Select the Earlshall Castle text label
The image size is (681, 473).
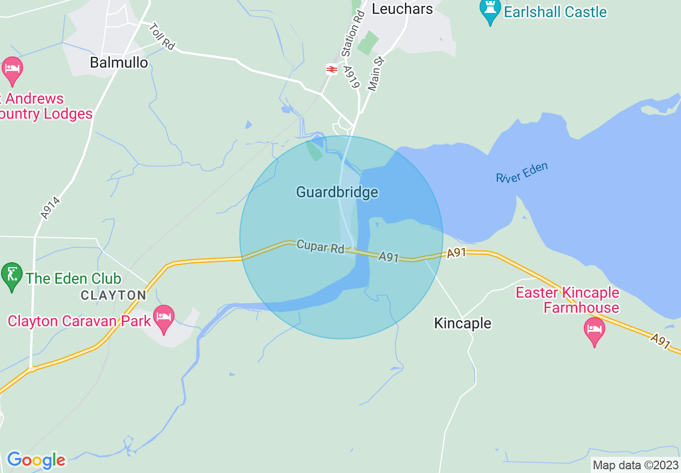tap(555, 12)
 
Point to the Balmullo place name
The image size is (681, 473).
tap(119, 63)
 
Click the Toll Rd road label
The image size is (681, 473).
tap(162, 37)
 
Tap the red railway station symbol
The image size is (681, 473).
tap(332, 69)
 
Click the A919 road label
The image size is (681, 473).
tap(351, 78)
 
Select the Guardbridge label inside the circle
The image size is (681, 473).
tap(337, 192)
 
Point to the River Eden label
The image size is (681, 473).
tap(522, 173)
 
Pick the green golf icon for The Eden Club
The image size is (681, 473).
tap(12, 275)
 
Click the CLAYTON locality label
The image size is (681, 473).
tap(113, 295)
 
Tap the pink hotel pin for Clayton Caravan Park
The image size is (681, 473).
tap(164, 318)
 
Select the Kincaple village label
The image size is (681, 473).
tap(462, 323)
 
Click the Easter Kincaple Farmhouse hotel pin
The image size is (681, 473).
tap(594, 330)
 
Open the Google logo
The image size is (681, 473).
tap(36, 460)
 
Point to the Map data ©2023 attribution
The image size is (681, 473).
tap(635, 465)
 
